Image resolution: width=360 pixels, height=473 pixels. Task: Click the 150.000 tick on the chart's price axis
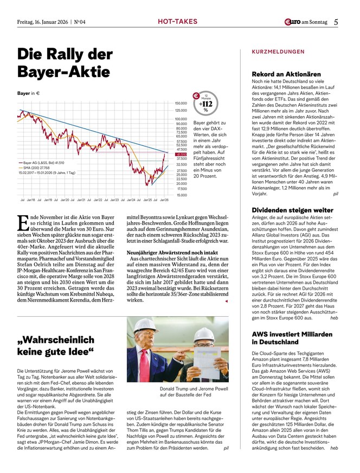[x=181, y=103]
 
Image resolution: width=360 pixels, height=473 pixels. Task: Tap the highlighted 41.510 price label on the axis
[x=181, y=154]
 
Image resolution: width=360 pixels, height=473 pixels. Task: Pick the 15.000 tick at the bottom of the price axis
[x=181, y=194]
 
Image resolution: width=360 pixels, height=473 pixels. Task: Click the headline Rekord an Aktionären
[x=286, y=74]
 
